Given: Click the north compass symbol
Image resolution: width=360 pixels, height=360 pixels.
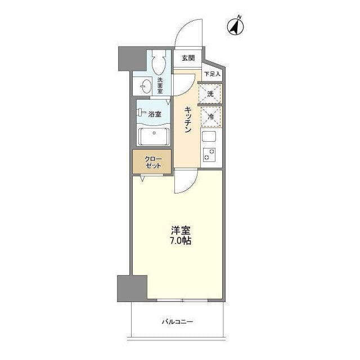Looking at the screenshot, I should [235, 26].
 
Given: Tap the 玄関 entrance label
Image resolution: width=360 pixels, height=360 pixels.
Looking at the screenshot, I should [188, 58].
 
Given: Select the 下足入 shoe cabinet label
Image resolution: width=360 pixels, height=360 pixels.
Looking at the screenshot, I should [212, 74].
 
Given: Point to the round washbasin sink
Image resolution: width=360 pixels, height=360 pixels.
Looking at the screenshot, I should [145, 87].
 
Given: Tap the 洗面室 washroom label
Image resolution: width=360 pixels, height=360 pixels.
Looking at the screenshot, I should [160, 85].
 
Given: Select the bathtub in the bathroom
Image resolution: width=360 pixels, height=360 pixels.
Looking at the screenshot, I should [154, 136].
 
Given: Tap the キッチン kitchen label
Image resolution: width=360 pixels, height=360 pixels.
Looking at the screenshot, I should [188, 120].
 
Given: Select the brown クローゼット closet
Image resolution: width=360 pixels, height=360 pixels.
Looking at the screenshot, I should [152, 162].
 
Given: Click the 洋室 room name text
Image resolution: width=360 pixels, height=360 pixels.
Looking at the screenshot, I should [181, 231].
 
